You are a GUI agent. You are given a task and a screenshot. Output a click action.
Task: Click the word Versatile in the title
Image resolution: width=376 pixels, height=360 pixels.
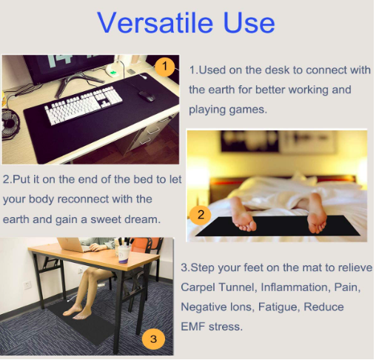(155, 23)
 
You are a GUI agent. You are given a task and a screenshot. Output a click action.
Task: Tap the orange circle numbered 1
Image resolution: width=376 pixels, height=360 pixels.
(165, 67)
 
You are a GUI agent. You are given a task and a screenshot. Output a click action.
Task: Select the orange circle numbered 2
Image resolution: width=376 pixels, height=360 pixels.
(201, 215)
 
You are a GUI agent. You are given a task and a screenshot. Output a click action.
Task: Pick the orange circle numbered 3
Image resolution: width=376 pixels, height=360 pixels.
(153, 339)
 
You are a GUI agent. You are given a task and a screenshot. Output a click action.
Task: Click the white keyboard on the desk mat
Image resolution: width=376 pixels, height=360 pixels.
(84, 104)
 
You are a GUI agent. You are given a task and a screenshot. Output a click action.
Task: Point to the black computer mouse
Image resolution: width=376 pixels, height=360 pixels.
(146, 96)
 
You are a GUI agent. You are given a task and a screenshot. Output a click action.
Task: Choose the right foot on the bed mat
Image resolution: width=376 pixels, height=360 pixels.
(316, 213)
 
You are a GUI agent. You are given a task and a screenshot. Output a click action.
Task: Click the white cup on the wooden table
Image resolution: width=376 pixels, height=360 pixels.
(124, 253)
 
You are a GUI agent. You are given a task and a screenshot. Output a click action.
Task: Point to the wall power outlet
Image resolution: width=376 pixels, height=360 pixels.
(27, 285)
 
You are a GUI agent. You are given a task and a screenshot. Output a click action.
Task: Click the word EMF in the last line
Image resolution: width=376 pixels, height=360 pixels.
(193, 327)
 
